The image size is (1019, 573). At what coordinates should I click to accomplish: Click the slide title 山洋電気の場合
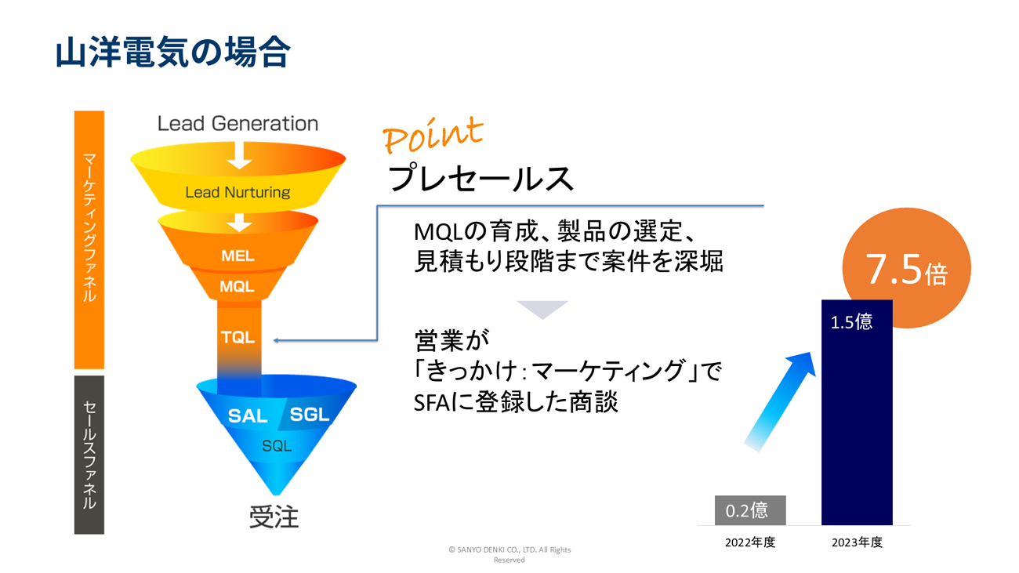click(x=172, y=52)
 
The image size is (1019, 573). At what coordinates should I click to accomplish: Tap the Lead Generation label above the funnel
click(x=238, y=124)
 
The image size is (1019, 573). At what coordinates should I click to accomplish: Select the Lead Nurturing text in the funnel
click(x=238, y=192)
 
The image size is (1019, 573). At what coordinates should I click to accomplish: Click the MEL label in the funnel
click(x=238, y=256)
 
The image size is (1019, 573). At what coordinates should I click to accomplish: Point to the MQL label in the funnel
click(x=237, y=287)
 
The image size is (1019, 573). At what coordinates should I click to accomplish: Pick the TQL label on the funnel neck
click(x=238, y=337)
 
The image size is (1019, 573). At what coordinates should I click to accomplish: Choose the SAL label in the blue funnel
click(x=248, y=416)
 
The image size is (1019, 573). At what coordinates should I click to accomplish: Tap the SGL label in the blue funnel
click(x=310, y=415)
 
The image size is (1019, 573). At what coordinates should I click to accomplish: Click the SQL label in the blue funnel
click(x=277, y=446)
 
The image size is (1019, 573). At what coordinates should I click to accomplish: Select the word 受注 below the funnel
click(x=274, y=517)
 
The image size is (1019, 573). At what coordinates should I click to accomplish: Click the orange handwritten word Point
click(x=433, y=135)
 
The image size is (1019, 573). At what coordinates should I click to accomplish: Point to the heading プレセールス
click(x=480, y=179)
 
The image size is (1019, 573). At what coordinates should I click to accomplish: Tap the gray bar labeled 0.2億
click(x=750, y=510)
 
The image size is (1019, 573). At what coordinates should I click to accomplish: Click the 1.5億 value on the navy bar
click(x=851, y=322)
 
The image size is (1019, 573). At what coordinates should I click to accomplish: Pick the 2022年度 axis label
click(x=750, y=542)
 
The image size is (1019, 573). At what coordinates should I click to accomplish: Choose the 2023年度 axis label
click(x=857, y=542)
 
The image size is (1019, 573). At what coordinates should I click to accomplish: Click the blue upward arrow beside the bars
click(x=780, y=401)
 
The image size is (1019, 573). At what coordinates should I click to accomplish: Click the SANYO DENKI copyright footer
click(x=509, y=554)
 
